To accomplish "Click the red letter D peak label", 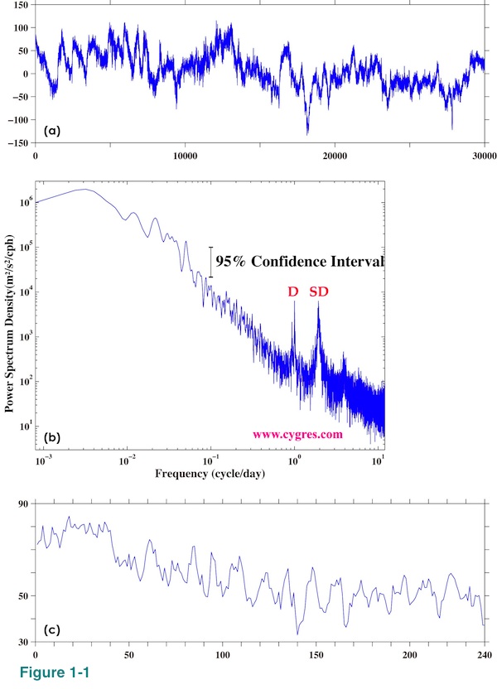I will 294,291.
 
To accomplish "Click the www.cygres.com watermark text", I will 297,433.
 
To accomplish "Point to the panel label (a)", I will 52,131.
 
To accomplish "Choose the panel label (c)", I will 52,630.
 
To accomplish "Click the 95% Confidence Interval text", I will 301,261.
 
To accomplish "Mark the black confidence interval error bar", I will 210,261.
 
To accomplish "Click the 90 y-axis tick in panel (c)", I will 22,503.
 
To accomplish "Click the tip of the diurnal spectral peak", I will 293,301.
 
